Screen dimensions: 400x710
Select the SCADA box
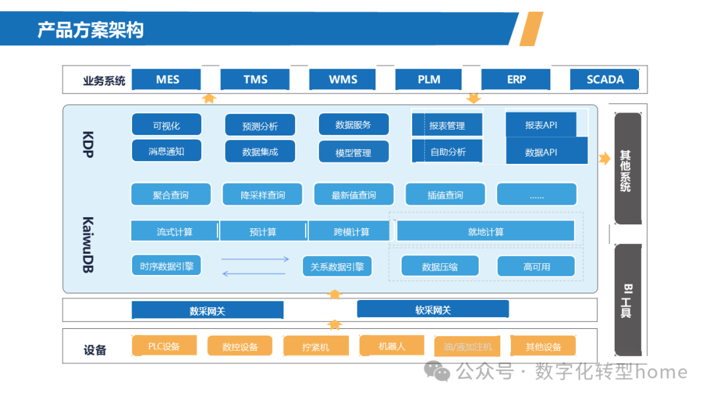tap(605, 80)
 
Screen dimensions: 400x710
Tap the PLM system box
tap(429, 80)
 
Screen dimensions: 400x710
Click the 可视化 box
tap(166, 125)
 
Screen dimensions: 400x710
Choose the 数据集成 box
tap(260, 151)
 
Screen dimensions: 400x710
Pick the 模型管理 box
tap(354, 152)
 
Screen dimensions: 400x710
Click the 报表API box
tap(541, 124)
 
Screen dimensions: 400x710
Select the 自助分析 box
tap(448, 151)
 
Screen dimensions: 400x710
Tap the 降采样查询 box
tap(263, 195)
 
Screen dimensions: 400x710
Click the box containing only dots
tap(536, 195)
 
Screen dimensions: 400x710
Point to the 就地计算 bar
tap(486, 232)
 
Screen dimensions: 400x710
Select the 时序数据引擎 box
tap(166, 266)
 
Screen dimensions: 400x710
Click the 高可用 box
tap(536, 266)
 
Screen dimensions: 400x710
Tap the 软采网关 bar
tap(433, 309)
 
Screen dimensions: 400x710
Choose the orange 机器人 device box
tap(392, 345)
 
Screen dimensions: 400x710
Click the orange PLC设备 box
tap(164, 345)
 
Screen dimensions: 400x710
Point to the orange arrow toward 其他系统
tap(604, 158)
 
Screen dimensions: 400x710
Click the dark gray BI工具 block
tap(627, 300)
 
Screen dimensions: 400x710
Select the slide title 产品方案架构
tap(90, 30)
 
